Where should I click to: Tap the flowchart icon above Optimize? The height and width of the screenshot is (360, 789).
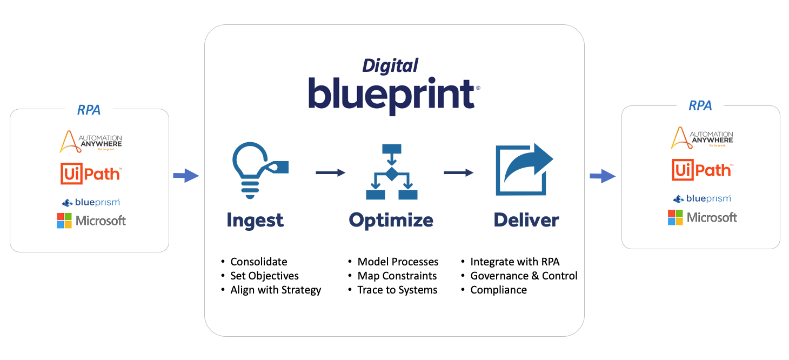(391, 172)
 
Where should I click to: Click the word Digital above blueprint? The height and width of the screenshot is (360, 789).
(390, 66)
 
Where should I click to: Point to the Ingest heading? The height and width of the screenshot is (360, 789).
(255, 220)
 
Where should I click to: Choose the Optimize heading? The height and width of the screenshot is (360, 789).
(391, 220)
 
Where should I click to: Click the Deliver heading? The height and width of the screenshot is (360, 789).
(526, 220)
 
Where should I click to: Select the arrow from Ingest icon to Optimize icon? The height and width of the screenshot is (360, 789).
(330, 172)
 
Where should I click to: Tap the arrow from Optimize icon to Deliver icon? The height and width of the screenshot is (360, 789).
(458, 172)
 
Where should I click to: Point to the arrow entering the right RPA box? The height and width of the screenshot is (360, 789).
(602, 176)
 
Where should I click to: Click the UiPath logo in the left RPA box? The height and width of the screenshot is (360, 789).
(91, 174)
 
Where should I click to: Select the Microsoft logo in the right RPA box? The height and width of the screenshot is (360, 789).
(702, 217)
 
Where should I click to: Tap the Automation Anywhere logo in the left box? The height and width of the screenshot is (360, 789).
(91, 141)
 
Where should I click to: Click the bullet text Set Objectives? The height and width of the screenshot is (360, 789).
(264, 276)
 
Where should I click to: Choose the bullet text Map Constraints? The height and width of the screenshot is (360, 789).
(397, 276)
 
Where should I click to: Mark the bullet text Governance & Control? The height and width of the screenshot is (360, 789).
(524, 276)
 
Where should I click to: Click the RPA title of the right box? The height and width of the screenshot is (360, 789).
(700, 106)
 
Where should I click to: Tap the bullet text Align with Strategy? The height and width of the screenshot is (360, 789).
(276, 290)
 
